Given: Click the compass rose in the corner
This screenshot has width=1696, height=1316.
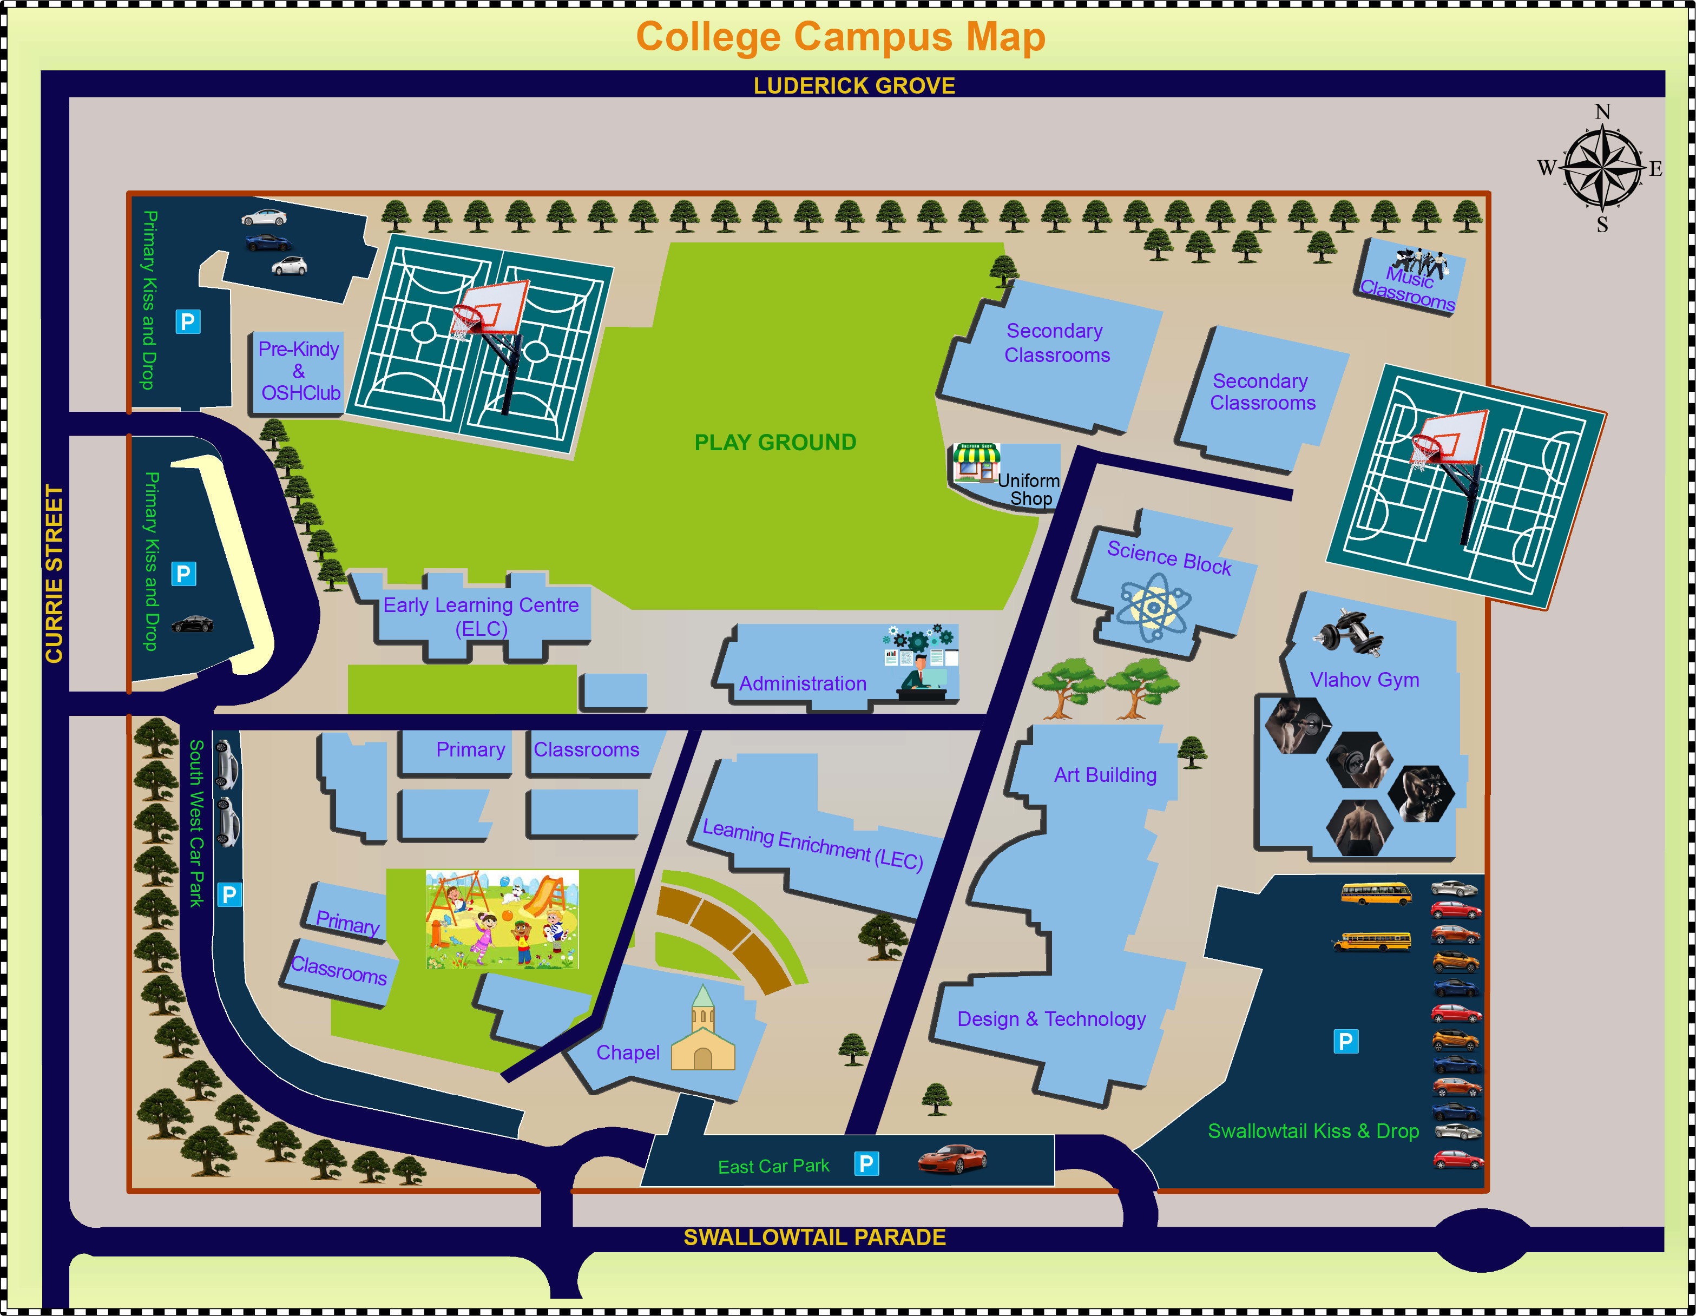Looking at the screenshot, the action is (1602, 168).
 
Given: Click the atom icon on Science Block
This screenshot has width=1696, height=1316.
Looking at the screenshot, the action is (1154, 607).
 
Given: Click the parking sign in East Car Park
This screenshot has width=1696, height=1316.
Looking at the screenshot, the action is (866, 1163).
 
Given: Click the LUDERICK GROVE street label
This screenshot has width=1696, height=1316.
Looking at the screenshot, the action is (854, 85).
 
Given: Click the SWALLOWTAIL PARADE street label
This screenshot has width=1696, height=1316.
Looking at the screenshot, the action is (814, 1238).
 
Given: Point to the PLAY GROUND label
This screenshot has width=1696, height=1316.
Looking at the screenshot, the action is (775, 443).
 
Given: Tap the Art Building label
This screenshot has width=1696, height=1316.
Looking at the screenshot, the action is (1105, 775).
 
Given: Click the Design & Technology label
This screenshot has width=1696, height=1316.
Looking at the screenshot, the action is (1051, 1018).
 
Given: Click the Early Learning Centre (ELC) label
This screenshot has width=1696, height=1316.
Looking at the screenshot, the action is (482, 616).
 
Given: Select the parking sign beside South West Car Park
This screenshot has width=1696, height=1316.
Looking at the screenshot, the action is (229, 894).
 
